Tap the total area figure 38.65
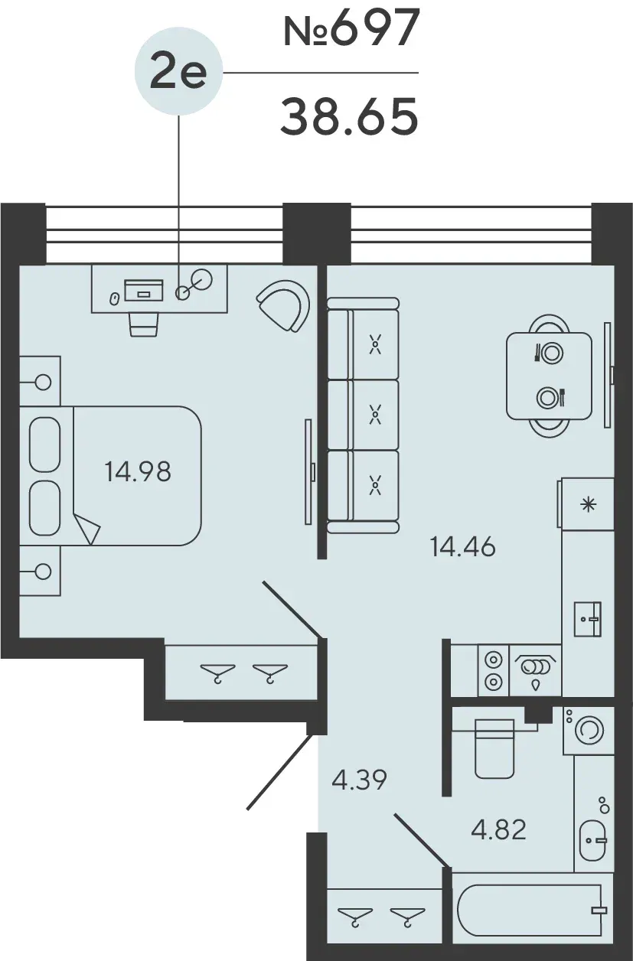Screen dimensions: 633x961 point(349,116)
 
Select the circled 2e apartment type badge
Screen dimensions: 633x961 point(178,73)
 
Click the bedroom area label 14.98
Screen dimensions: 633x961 point(138,471)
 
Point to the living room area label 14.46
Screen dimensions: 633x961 point(462,547)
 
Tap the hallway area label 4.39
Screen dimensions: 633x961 point(359,780)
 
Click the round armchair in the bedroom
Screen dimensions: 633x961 point(284,305)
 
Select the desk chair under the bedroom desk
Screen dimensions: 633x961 point(144,324)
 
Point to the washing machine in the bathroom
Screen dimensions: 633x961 point(589,730)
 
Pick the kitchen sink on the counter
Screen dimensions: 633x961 point(588,619)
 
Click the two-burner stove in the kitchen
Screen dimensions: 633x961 point(493,670)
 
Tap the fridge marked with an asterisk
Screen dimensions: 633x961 point(588,504)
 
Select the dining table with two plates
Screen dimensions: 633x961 point(549,376)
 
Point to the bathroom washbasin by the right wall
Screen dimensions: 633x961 point(592,840)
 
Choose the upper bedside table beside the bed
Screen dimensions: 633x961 point(40,381)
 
